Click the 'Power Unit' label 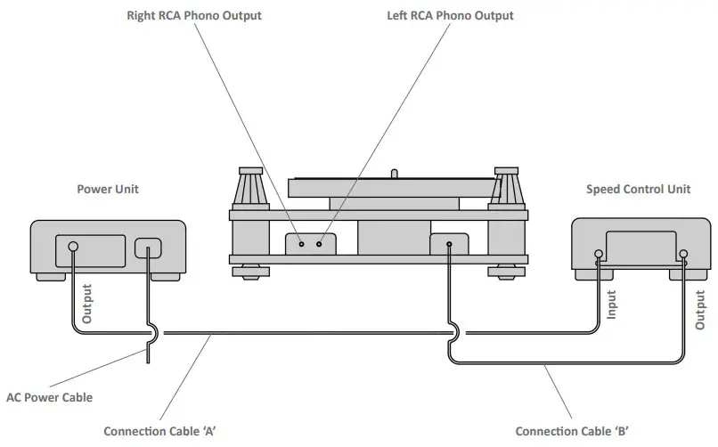click(108, 189)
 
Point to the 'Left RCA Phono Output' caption click(451, 16)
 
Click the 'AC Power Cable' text click(49, 398)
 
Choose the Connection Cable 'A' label click(160, 431)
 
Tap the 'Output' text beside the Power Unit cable click(87, 304)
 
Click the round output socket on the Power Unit click(73, 247)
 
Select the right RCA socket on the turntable click(302, 243)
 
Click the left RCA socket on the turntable click(318, 243)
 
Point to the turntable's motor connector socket click(449, 243)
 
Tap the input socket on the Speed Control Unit click(599, 255)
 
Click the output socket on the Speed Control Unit click(682, 255)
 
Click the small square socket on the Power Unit click(148, 248)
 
